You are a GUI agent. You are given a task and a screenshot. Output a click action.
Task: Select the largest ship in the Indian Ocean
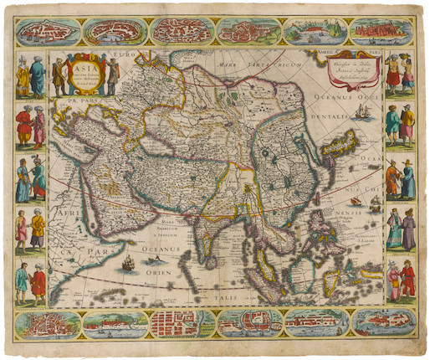[128, 265]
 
